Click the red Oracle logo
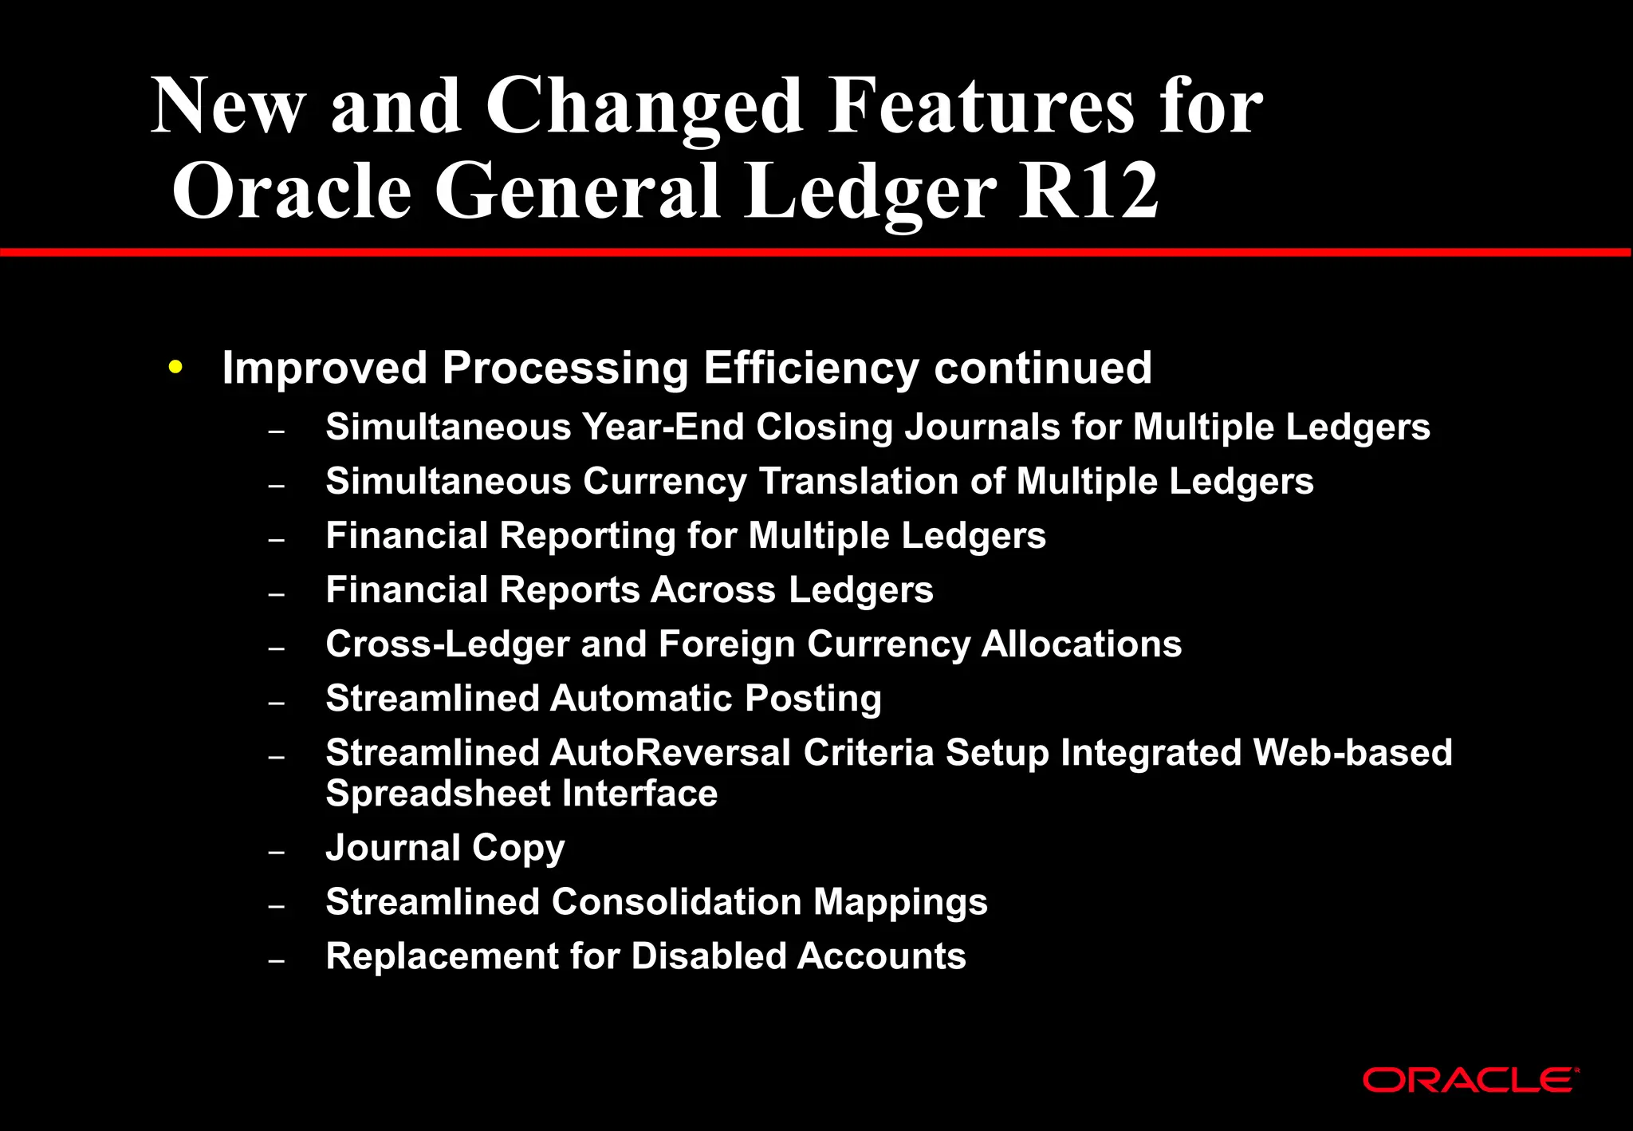pos(1470,1081)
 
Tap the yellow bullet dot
pos(176,368)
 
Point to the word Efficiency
pos(811,368)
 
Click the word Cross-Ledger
pos(447,644)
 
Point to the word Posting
pos(813,699)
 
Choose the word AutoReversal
pos(670,753)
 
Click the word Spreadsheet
pos(438,794)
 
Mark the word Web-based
pos(1352,753)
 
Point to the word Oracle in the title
pos(292,191)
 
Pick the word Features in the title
pos(981,107)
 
